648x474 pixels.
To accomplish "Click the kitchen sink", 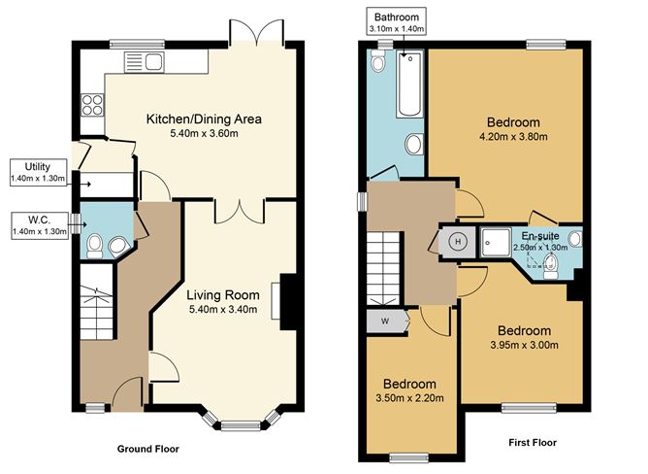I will [144, 62].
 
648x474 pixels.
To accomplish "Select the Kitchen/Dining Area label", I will [204, 119].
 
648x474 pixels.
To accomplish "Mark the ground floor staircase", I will [97, 302].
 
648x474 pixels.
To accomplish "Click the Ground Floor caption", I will [147, 450].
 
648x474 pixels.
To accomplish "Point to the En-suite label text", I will [539, 236].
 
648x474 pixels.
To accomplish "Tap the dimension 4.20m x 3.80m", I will [513, 139].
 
